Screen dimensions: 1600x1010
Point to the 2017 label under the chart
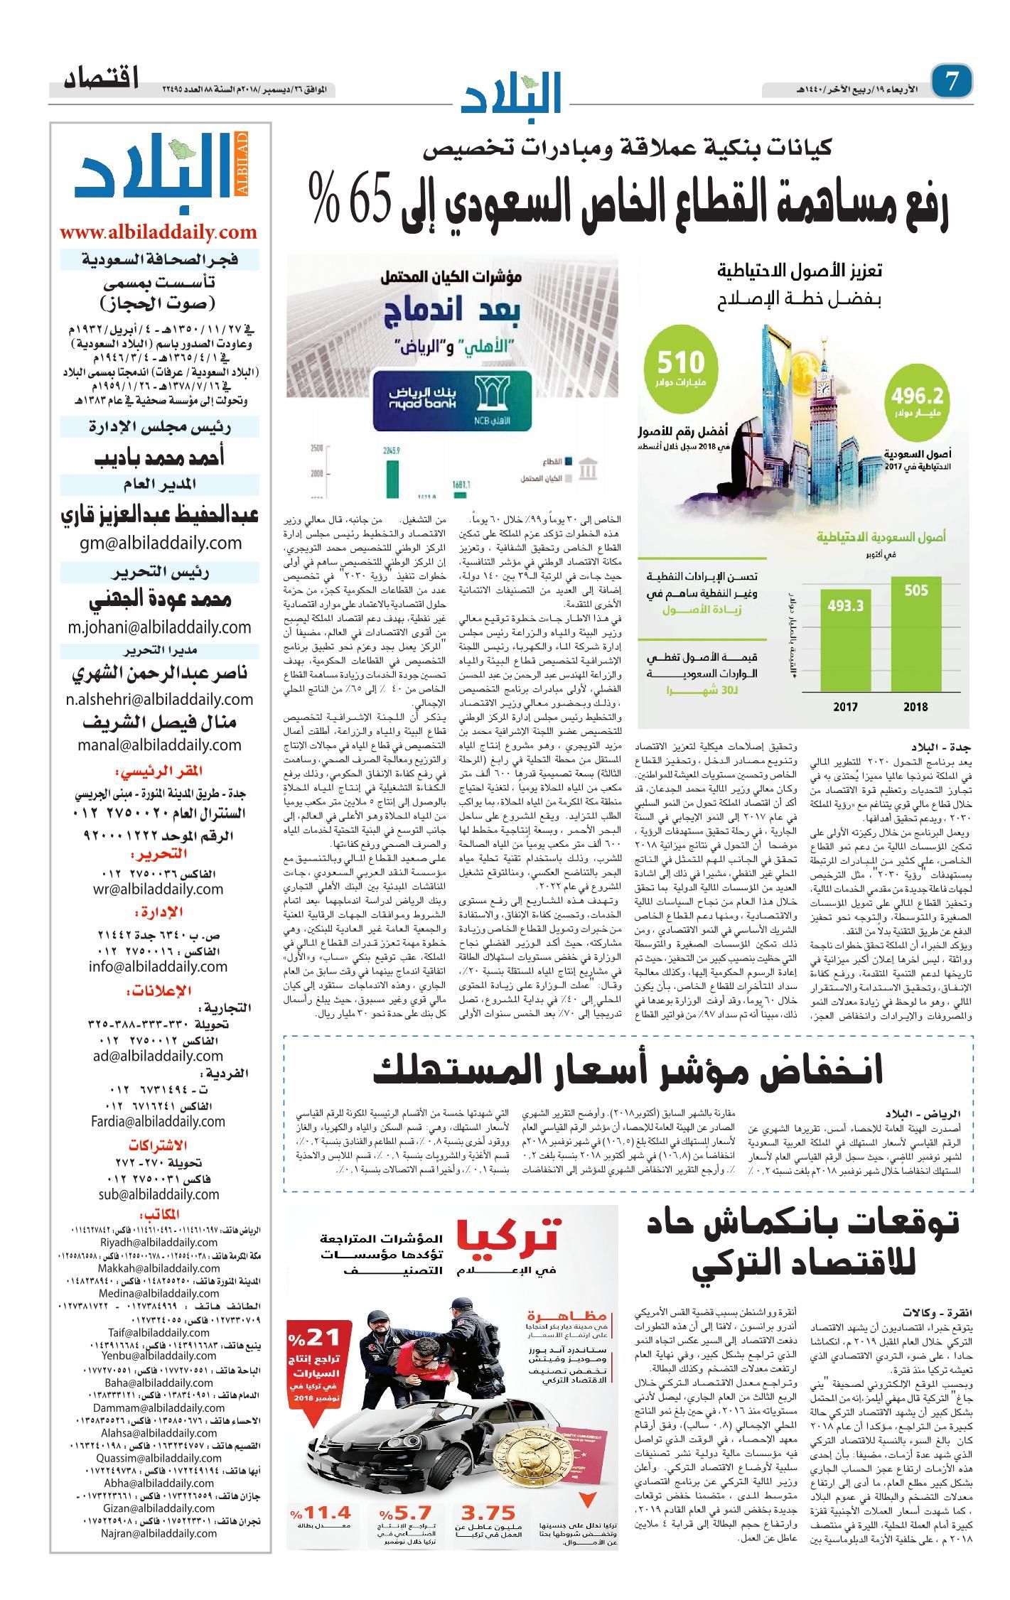[x=845, y=707]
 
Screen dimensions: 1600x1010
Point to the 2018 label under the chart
[x=915, y=707]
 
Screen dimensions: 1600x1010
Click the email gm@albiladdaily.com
[x=158, y=544]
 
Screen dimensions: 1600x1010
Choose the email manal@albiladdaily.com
[x=158, y=745]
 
